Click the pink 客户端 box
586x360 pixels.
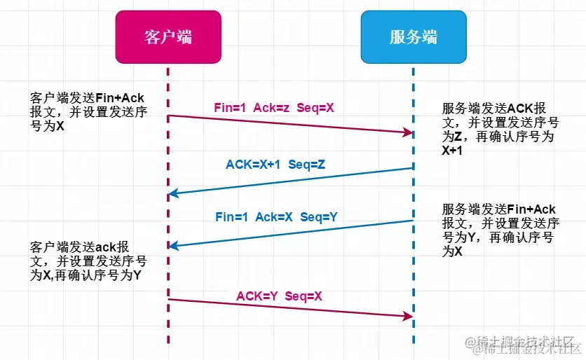click(x=168, y=36)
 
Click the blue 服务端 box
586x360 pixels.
click(x=413, y=36)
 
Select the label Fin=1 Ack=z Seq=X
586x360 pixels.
click(x=274, y=109)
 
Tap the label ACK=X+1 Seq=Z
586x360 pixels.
click(x=275, y=165)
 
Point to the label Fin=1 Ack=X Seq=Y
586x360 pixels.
click(x=276, y=217)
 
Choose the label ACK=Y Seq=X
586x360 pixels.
click(x=279, y=296)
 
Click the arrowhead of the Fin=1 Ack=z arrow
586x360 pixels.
click(x=407, y=132)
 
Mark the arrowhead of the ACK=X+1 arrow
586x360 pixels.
click(x=174, y=193)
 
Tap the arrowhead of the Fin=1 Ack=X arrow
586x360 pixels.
click(x=174, y=245)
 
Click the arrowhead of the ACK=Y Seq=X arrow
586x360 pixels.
click(x=407, y=317)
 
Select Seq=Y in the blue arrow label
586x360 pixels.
click(x=319, y=217)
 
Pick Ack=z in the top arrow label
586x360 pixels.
click(x=271, y=109)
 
